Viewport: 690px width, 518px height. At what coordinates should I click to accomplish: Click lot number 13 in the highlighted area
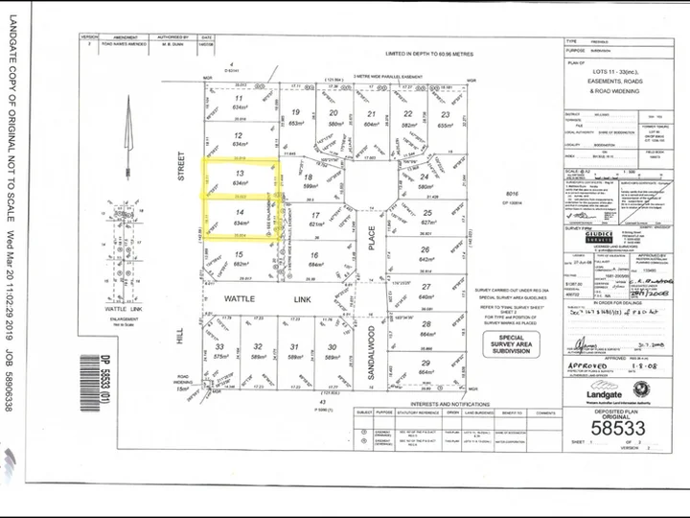click(x=239, y=173)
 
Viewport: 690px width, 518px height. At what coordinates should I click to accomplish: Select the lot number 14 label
click(x=239, y=213)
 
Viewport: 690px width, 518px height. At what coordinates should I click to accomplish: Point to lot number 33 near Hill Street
click(x=219, y=346)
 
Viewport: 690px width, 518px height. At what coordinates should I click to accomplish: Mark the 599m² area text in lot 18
click(x=309, y=186)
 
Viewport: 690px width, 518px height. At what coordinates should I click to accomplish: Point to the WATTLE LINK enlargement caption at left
click(x=128, y=284)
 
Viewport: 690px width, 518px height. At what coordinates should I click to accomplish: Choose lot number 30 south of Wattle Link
click(x=332, y=346)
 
